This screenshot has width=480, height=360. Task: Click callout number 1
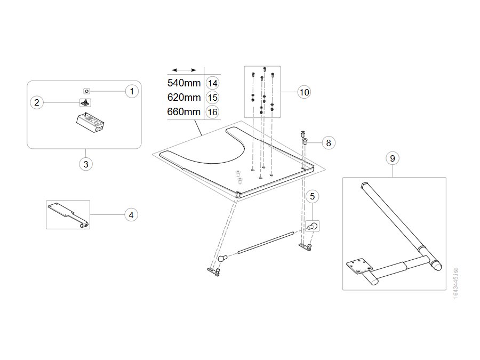coord(132,91)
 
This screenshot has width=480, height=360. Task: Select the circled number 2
coord(37,102)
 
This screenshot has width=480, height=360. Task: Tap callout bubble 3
coord(86,164)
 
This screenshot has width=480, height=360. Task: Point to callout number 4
coord(131,215)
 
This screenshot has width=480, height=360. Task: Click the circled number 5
coord(312,196)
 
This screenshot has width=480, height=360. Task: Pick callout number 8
coord(329,142)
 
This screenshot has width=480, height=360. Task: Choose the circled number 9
coord(393,158)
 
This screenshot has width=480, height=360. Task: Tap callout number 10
coord(304,92)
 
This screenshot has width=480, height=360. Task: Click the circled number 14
coord(212,83)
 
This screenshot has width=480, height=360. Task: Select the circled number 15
coord(212,98)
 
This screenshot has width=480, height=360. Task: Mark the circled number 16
coord(212,112)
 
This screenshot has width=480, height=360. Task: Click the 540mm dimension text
coord(184,83)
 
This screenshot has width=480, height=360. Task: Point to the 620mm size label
coord(184,97)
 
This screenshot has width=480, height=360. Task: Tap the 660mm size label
coord(184,111)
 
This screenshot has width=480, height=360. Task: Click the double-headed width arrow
coord(184,70)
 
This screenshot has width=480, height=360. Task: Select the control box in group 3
coord(90,123)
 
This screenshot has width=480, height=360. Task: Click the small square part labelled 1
coord(86,91)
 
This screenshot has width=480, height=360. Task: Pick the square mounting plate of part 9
coord(359,266)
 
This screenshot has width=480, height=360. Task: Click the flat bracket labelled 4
coord(68,214)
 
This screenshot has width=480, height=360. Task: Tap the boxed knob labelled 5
coord(312,226)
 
